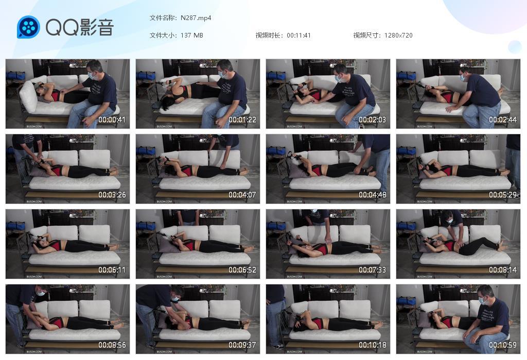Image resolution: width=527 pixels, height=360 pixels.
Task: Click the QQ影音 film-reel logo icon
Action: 28,27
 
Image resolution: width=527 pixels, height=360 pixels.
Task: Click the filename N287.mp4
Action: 196,18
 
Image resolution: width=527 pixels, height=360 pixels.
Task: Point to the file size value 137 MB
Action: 192,35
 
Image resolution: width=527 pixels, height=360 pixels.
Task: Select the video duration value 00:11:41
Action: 299,35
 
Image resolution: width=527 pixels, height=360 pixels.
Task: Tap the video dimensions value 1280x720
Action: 398,35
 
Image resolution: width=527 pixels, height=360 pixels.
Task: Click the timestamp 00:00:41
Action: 112,120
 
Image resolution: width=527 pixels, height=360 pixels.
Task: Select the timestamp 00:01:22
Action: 242,120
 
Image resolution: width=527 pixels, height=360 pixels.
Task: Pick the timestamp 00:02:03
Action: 373,120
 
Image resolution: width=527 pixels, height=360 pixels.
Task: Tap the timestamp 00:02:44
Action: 503,120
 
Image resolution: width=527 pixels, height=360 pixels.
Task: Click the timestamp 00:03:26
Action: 112,195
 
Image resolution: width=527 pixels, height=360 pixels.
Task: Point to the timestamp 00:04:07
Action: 242,195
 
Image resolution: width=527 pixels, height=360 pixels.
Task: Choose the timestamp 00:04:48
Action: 373,195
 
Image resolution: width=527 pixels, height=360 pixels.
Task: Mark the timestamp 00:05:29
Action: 503,195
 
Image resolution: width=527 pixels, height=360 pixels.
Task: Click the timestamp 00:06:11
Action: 112,270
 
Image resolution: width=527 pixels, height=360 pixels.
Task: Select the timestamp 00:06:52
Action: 242,270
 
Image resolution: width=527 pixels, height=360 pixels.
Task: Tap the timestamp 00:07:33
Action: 373,270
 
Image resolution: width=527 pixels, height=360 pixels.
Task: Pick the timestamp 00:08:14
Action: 503,270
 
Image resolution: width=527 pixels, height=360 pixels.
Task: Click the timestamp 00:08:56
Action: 112,345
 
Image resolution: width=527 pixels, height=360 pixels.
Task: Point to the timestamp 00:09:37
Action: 242,345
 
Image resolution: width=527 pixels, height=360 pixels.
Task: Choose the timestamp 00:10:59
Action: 503,345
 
